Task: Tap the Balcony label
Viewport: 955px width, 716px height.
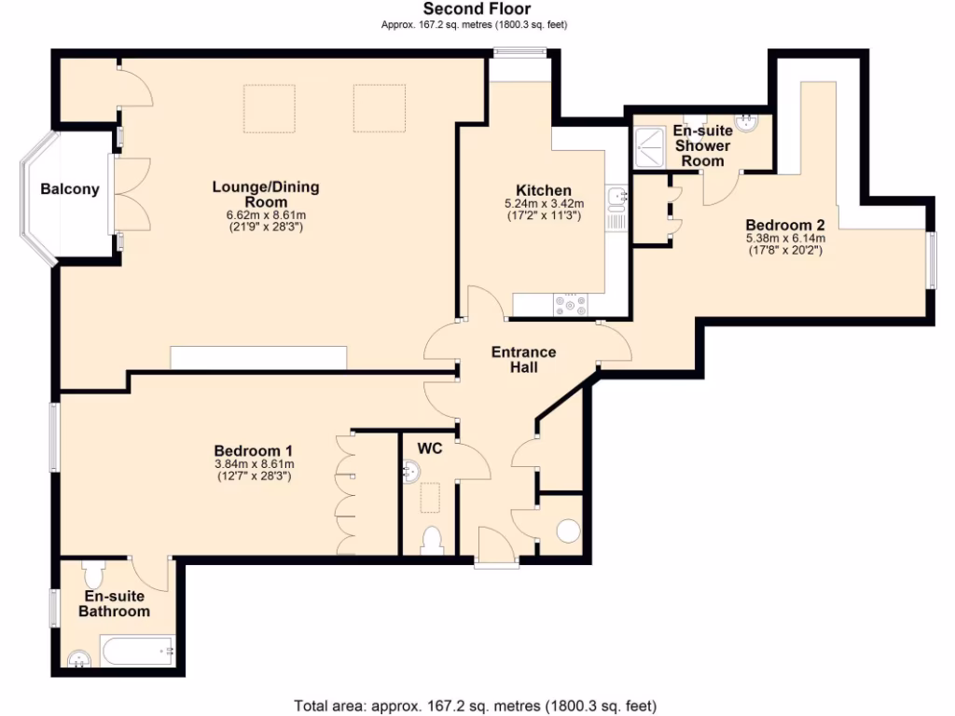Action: [69, 189]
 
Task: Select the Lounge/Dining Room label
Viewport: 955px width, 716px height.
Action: [266, 194]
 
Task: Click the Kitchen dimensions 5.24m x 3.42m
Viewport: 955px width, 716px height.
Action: [544, 205]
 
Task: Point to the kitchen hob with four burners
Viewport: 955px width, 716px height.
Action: [570, 304]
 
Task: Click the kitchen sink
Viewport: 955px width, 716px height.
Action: [617, 197]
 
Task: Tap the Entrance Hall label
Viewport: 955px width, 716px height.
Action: [523, 359]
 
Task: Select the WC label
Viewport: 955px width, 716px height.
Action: [429, 448]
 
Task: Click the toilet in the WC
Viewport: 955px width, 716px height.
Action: [431, 540]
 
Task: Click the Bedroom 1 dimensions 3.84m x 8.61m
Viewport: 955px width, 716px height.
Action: [254, 463]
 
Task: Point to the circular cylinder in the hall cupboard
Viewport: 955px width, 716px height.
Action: [567, 530]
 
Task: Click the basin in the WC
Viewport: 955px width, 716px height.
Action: [408, 473]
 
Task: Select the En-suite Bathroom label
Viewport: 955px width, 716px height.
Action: [115, 604]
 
